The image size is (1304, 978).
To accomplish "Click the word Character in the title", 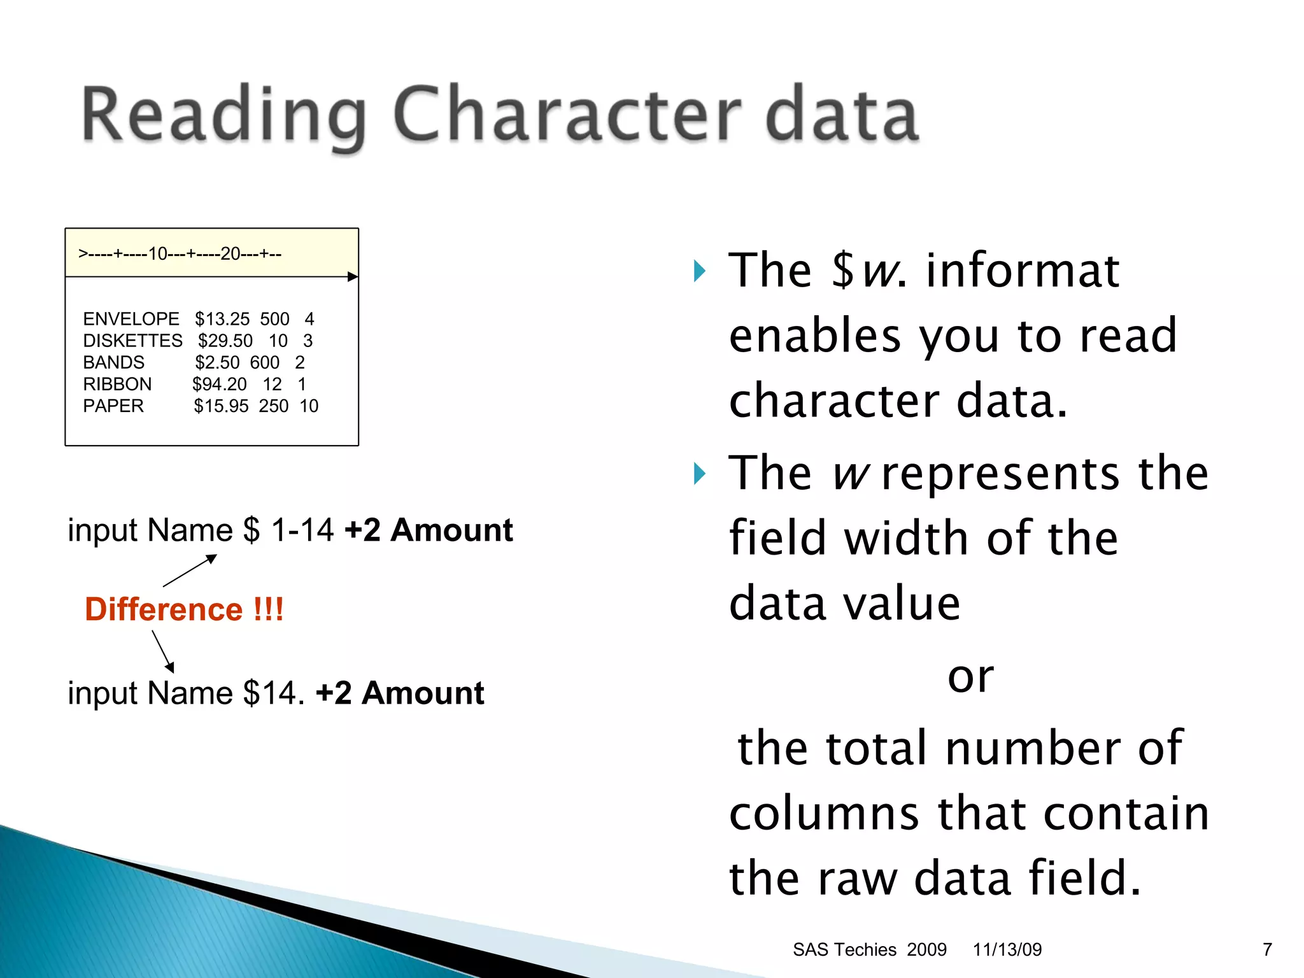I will (x=567, y=115).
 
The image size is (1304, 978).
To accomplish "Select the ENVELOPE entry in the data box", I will (x=131, y=318).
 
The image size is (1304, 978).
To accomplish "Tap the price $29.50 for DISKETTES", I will (x=225, y=341).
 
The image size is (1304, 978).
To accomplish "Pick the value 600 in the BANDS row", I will (x=264, y=362).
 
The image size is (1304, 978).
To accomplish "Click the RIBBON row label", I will (x=117, y=384).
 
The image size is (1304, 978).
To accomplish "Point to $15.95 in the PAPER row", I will (x=221, y=406).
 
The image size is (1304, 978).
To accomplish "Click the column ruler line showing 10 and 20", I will (x=180, y=254).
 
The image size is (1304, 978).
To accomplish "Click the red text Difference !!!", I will (x=184, y=609).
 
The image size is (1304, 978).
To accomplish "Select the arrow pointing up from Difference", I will (x=190, y=570).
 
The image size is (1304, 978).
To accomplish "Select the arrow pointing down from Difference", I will (x=163, y=651).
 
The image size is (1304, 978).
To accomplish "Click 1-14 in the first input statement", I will (x=302, y=530).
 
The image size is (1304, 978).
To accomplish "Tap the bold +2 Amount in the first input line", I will (x=429, y=530).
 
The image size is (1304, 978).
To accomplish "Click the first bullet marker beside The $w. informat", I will (x=700, y=271).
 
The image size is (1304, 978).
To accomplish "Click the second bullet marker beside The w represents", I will (x=700, y=474).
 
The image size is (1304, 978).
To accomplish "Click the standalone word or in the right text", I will (x=970, y=676).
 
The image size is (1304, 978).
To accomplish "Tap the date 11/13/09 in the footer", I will (x=1007, y=949).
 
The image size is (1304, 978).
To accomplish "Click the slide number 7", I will (x=1267, y=949).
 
